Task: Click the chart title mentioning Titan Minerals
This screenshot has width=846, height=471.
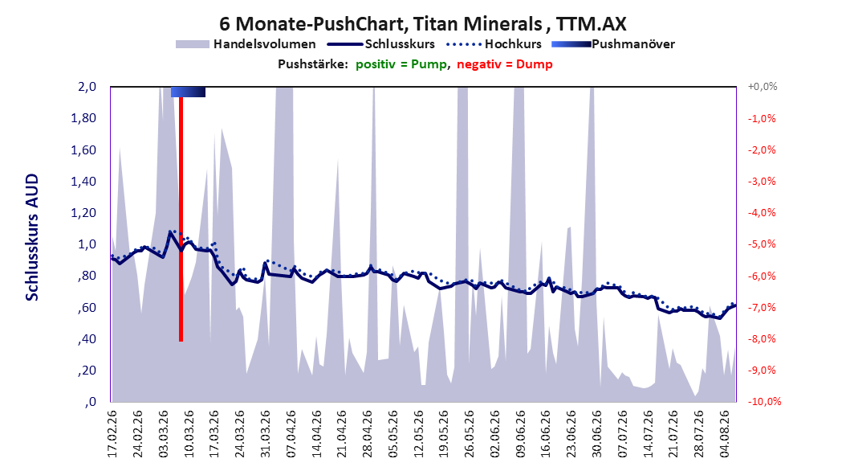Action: pyautogui.click(x=422, y=24)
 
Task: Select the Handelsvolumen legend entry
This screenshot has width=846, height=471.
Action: pyautogui.click(x=246, y=44)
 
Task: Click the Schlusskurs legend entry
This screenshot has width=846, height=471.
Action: pyautogui.click(x=381, y=44)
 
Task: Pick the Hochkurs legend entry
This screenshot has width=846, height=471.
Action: pyautogui.click(x=494, y=44)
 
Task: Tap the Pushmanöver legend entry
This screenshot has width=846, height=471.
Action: pyautogui.click(x=613, y=44)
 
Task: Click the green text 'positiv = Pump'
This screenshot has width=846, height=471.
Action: pyautogui.click(x=401, y=64)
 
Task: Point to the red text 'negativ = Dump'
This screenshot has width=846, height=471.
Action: pyautogui.click(x=505, y=64)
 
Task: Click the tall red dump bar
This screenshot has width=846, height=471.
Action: pyautogui.click(x=181, y=219)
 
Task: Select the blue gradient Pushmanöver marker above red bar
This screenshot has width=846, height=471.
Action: pyautogui.click(x=188, y=92)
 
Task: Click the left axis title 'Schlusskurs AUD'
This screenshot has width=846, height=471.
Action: pyautogui.click(x=32, y=237)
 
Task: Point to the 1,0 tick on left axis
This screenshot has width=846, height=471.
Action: pyautogui.click(x=87, y=244)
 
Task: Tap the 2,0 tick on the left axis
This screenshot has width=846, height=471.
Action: pyautogui.click(x=87, y=87)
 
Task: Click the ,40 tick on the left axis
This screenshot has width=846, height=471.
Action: pyautogui.click(x=87, y=339)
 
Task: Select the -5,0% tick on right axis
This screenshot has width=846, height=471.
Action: pyautogui.click(x=762, y=244)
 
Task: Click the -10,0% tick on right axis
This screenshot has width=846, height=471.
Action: pyautogui.click(x=764, y=401)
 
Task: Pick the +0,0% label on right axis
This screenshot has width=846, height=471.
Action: pyautogui.click(x=763, y=87)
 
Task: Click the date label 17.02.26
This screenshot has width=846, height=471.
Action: pyautogui.click(x=112, y=434)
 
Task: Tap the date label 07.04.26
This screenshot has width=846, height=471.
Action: pyautogui.click(x=291, y=434)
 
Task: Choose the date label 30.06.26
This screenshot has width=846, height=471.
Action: pyautogui.click(x=596, y=434)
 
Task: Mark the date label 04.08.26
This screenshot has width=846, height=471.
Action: pyautogui.click(x=725, y=434)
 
